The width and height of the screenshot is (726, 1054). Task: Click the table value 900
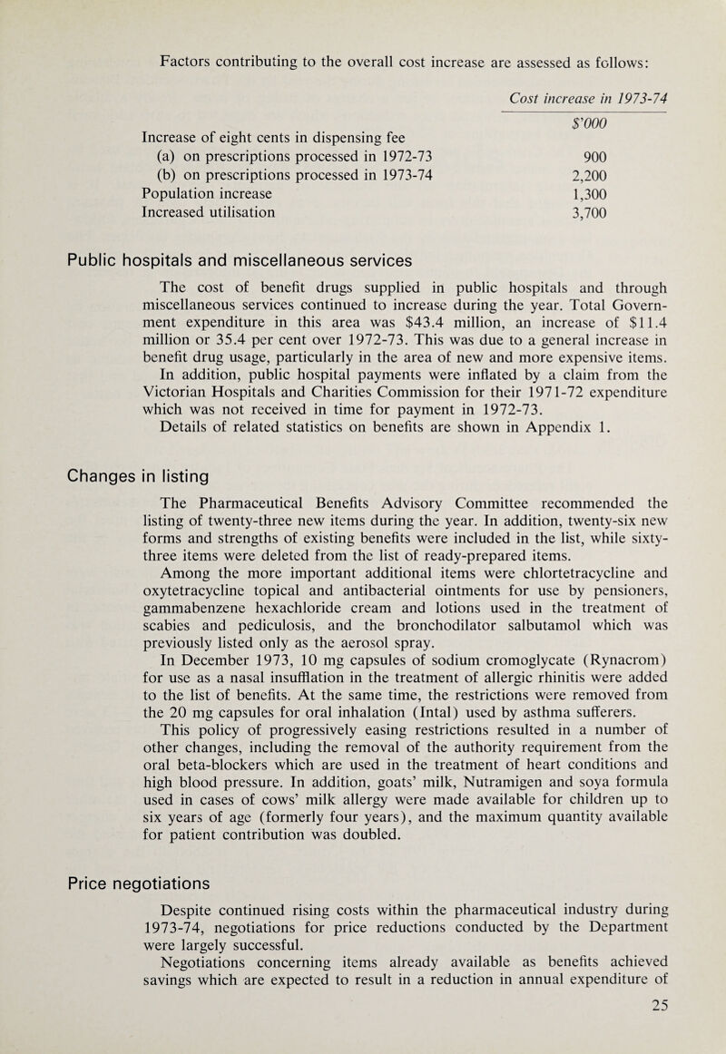click(x=590, y=154)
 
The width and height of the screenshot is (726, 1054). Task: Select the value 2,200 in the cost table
click(x=584, y=175)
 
